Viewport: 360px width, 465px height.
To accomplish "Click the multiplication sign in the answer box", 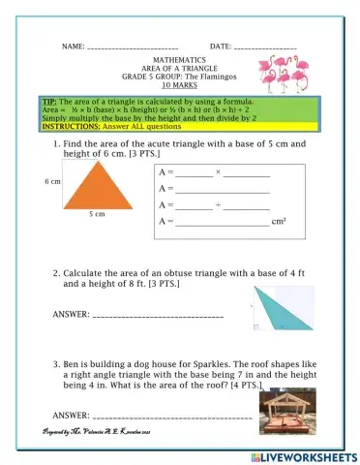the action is pos(219,171).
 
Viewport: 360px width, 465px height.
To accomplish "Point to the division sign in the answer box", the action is pos(219,205).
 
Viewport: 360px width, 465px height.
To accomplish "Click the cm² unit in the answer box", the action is pos(279,222).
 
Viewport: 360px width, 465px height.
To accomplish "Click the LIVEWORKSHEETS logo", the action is pos(309,454).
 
